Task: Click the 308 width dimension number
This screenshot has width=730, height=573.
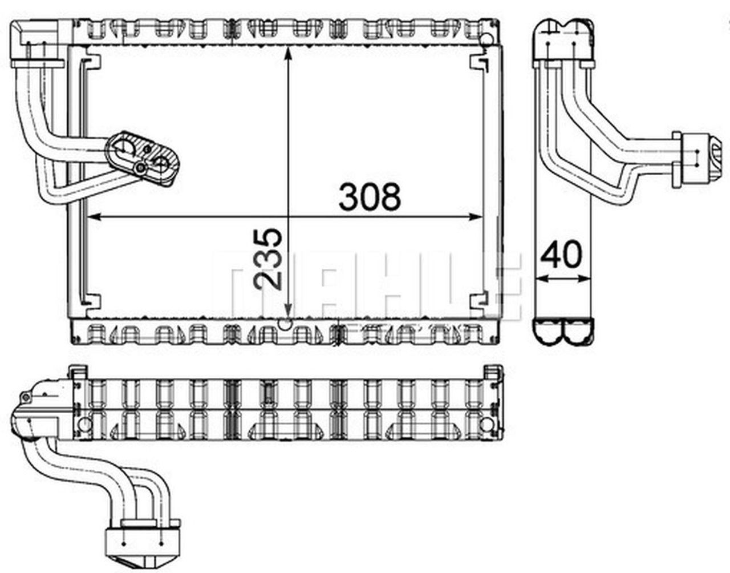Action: pos(370,196)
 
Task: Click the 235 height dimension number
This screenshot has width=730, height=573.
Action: pos(269,260)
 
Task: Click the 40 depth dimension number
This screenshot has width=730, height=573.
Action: pos(562,255)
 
